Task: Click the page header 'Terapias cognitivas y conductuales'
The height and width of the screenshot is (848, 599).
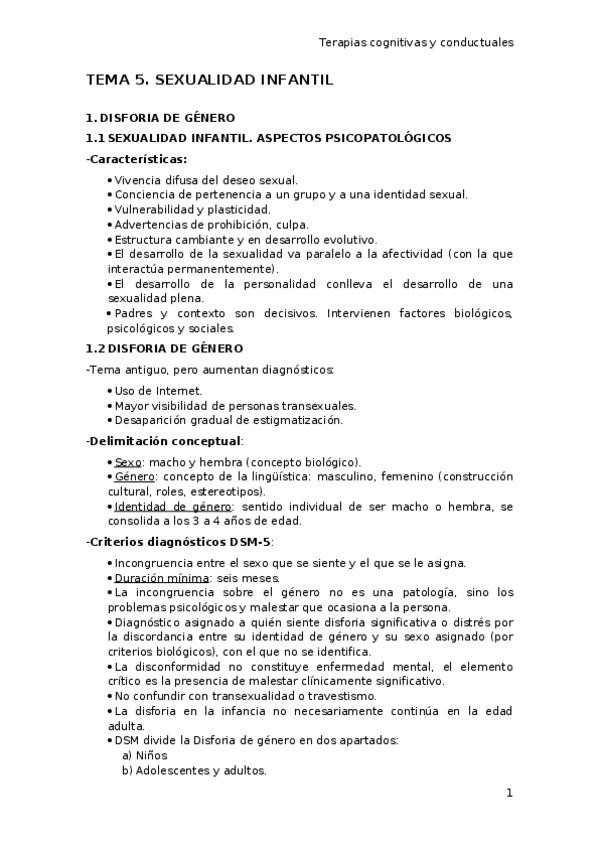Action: pyautogui.click(x=415, y=43)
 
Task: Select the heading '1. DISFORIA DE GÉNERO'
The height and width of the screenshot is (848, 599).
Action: pyautogui.click(x=160, y=117)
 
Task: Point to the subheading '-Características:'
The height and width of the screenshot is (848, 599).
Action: pyautogui.click(x=137, y=159)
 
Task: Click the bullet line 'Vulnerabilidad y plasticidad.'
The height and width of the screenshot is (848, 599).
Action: pyautogui.click(x=192, y=210)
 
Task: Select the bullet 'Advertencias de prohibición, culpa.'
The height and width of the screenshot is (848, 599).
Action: pyautogui.click(x=211, y=225)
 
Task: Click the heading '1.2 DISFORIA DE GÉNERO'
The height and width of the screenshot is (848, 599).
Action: pyautogui.click(x=164, y=348)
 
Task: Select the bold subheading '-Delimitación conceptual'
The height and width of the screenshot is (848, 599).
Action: pyautogui.click(x=163, y=441)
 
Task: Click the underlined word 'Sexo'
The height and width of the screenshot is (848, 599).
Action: pyautogui.click(x=128, y=462)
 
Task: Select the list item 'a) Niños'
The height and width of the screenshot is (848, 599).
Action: pyautogui.click(x=144, y=755)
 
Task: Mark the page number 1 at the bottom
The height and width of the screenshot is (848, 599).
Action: pyautogui.click(x=509, y=793)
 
